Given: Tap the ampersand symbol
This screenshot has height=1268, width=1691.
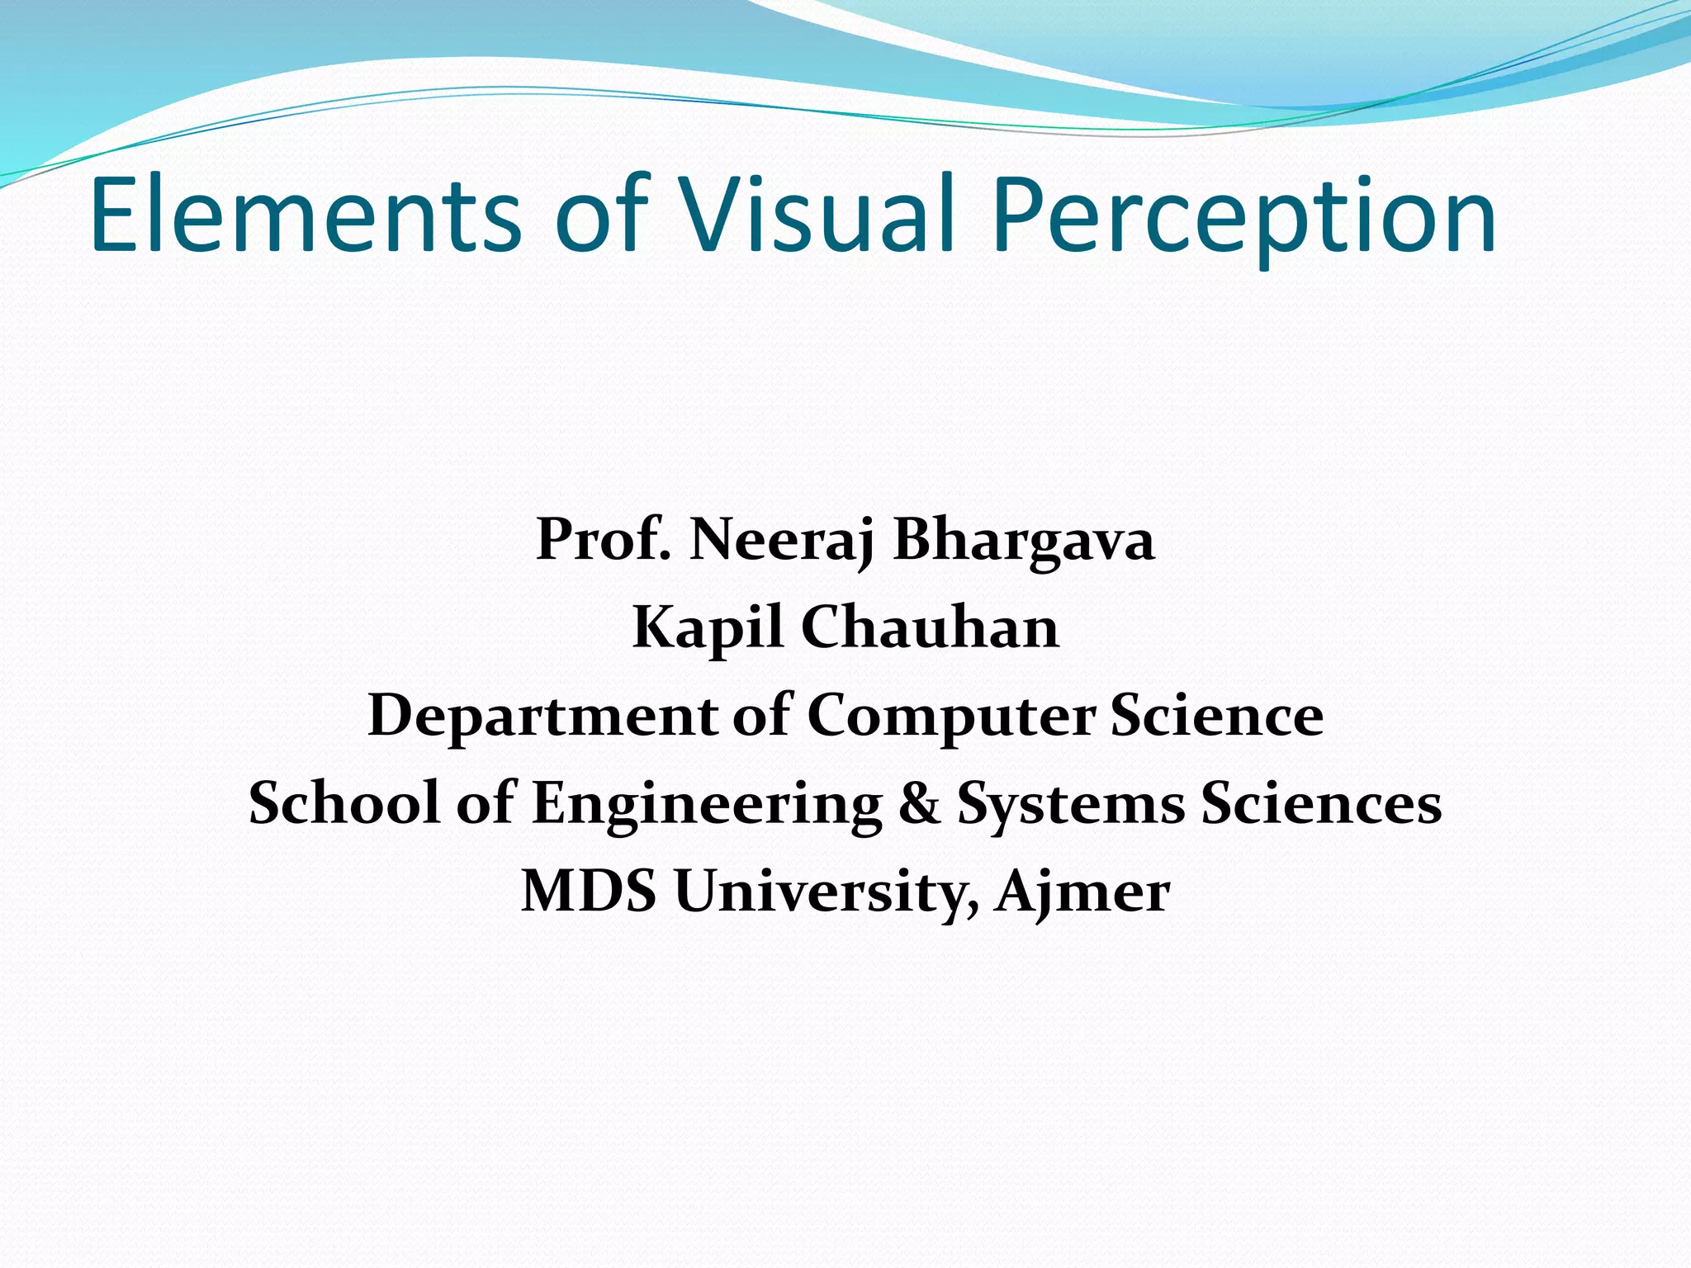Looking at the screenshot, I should pyautogui.click(x=919, y=803).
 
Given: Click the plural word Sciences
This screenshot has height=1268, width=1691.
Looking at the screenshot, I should pyautogui.click(x=1321, y=803).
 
